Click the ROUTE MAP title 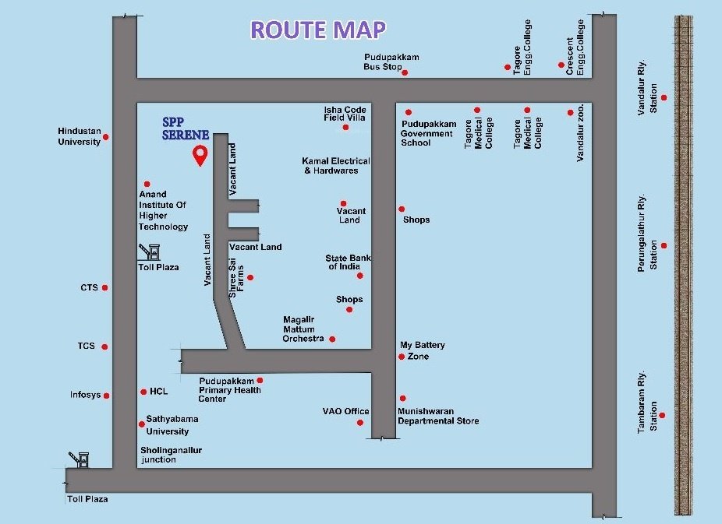coord(317,30)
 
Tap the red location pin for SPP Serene coord(200,155)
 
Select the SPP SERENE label coord(185,128)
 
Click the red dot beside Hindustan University coord(106,137)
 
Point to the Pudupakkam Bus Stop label coord(391,62)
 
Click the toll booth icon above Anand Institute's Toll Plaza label coord(150,251)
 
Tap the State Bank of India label coord(348,262)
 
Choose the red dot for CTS coord(104,287)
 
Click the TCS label coord(86,346)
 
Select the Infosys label coord(85,395)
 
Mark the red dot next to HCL coord(143,392)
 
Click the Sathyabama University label coord(172,425)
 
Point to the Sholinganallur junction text coord(169,455)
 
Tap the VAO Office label coord(346,411)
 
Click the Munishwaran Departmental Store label coord(437,416)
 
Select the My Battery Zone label coord(423,350)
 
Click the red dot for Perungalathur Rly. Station coord(664,245)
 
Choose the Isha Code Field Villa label coord(345,114)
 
